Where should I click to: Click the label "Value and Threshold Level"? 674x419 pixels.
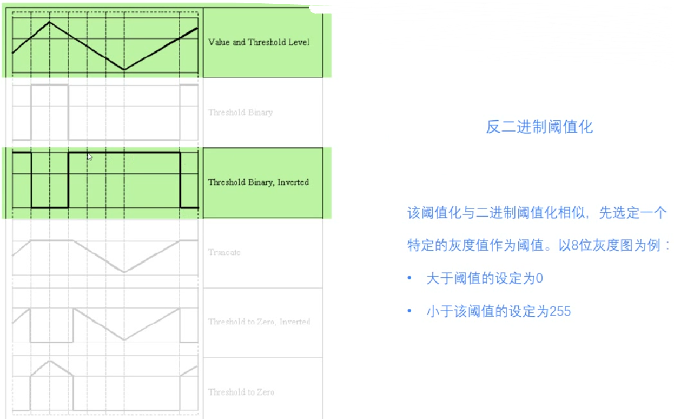click(x=259, y=42)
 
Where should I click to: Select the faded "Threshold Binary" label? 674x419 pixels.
click(x=240, y=113)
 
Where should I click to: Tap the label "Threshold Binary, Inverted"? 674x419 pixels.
click(x=258, y=182)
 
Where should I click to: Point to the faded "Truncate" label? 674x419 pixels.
click(x=224, y=252)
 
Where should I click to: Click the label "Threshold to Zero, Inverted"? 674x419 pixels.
click(x=259, y=322)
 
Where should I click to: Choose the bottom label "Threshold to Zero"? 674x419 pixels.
click(x=241, y=392)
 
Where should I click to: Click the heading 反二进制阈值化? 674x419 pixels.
click(x=539, y=127)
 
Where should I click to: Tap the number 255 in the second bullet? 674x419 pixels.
click(x=560, y=311)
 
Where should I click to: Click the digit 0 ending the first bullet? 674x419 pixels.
click(x=539, y=279)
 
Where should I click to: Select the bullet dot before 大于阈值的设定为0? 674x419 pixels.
click(x=410, y=279)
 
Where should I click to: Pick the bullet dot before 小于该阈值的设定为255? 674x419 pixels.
click(x=410, y=311)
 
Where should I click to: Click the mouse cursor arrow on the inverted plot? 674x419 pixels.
click(x=89, y=156)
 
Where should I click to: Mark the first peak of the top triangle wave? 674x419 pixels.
click(x=50, y=22)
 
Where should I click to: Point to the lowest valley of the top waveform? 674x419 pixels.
click(x=124, y=70)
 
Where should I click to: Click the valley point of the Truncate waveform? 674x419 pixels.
click(x=124, y=272)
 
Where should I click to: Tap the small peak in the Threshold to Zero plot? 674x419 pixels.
click(x=50, y=361)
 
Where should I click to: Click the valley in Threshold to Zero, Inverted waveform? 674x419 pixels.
click(x=124, y=340)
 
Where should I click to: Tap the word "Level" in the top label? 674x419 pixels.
click(x=299, y=42)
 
